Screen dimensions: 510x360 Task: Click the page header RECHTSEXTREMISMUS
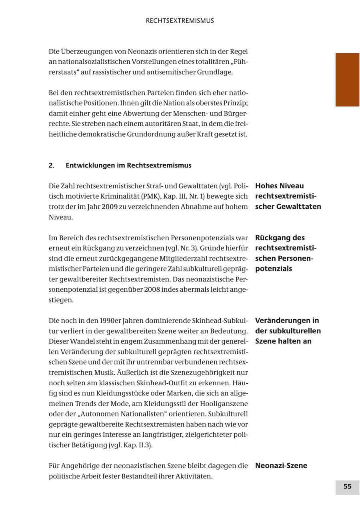(x=180, y=21)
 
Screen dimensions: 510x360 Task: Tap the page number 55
(x=347, y=486)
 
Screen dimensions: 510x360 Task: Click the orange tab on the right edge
(x=347, y=80)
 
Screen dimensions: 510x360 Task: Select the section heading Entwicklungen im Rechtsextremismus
(x=128, y=165)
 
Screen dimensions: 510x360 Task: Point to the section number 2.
(x=52, y=165)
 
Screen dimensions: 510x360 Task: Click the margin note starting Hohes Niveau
(x=288, y=196)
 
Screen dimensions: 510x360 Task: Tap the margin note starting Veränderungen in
(x=288, y=331)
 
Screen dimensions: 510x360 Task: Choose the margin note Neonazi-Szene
(x=281, y=466)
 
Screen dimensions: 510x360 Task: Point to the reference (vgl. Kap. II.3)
(x=130, y=445)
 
